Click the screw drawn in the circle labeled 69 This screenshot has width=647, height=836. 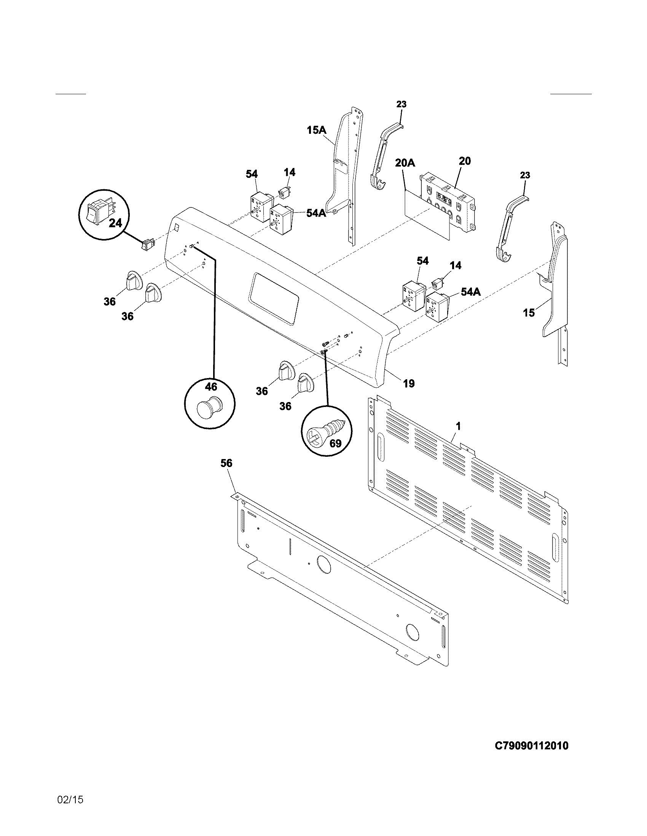click(x=328, y=431)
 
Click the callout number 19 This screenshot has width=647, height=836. click(x=409, y=383)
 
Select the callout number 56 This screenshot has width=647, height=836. click(x=226, y=463)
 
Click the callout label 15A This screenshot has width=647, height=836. click(x=316, y=130)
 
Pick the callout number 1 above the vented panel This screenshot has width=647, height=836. click(x=459, y=426)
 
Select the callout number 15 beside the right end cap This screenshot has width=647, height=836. click(x=529, y=313)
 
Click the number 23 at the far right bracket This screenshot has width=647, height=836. click(x=525, y=175)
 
